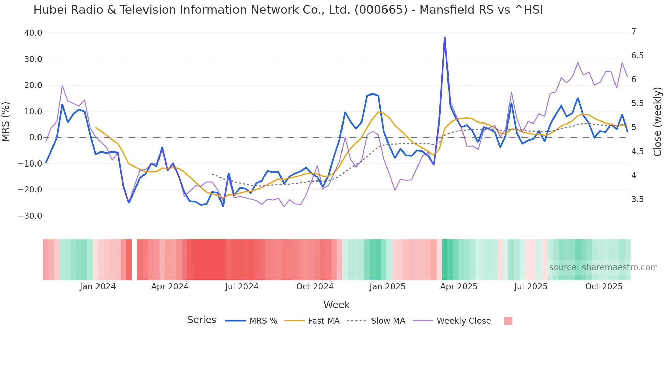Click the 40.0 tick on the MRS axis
[33, 33]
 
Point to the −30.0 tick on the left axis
[30, 216]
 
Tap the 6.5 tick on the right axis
[637, 56]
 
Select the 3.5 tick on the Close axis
[637, 199]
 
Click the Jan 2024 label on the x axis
[98, 287]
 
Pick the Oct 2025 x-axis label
[604, 287]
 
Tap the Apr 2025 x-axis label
[459, 287]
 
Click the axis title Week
[336, 305]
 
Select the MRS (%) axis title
[6, 122]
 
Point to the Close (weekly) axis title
[657, 122]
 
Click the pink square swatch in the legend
[508, 321]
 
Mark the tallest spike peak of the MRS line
[445, 37]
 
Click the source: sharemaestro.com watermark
[603, 267]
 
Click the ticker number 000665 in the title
[381, 10]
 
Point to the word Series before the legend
[201, 320]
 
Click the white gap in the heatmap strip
[134, 260]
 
